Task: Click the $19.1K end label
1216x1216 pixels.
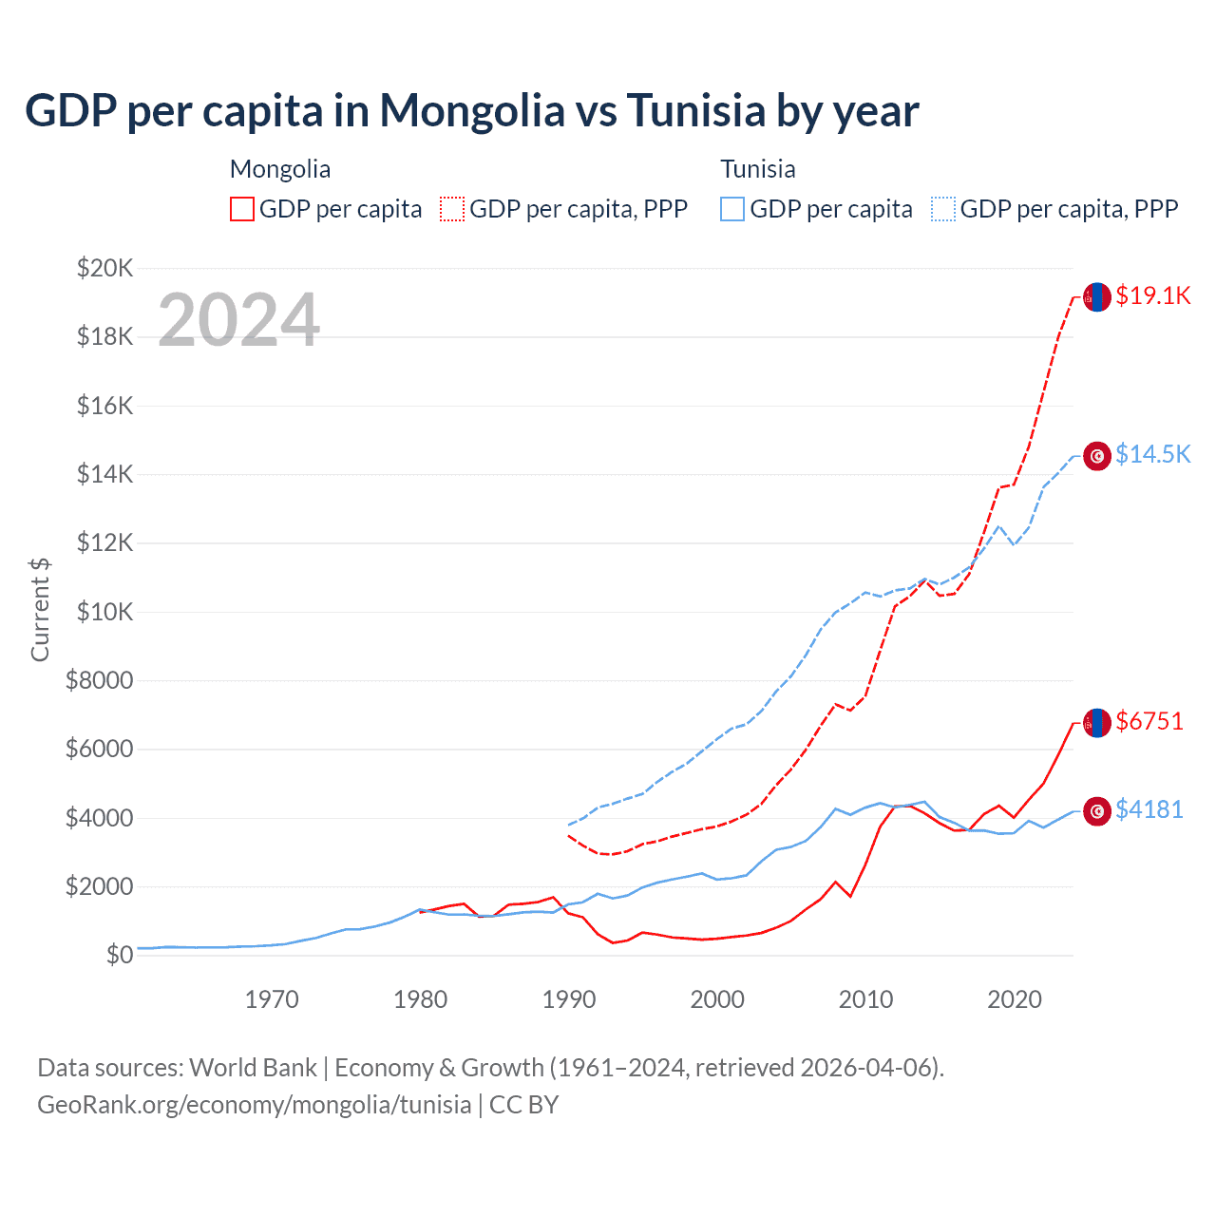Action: click(1152, 295)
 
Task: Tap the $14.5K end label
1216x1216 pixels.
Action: click(1152, 454)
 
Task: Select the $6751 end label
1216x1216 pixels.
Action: click(1149, 721)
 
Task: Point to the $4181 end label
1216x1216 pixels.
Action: click(1149, 809)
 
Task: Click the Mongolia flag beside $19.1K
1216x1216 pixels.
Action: click(1097, 297)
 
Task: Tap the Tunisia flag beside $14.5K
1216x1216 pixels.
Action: click(1097, 457)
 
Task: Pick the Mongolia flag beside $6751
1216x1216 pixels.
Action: click(1097, 723)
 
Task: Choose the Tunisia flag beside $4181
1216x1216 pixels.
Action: click(1097, 811)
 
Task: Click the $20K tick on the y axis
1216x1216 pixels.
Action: click(104, 268)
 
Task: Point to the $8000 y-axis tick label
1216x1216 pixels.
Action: click(99, 680)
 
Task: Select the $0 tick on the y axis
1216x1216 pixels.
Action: click(119, 955)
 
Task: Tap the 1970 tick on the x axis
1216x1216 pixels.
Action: click(272, 999)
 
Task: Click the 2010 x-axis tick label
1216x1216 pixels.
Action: click(865, 999)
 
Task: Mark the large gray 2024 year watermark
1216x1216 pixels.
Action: click(238, 320)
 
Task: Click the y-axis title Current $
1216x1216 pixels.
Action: click(40, 610)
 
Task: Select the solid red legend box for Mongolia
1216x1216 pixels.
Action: click(242, 209)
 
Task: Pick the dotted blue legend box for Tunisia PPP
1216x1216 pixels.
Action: click(943, 209)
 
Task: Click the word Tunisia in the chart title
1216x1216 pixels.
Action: click(696, 111)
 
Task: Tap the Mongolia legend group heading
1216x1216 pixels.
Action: click(280, 169)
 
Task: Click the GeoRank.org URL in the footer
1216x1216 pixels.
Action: click(254, 1105)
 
